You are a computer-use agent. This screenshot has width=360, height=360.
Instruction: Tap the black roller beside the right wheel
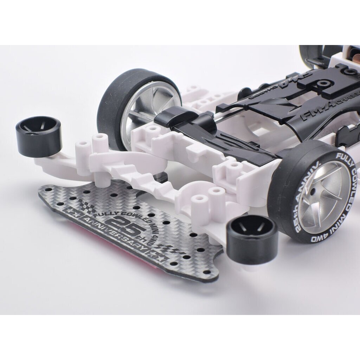point(251,234)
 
